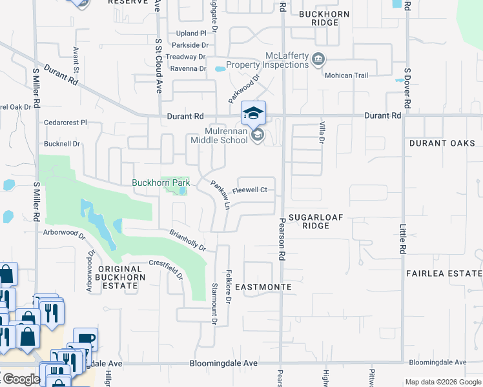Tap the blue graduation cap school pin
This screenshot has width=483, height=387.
(x=253, y=113)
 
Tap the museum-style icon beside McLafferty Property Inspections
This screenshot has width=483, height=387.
(x=318, y=60)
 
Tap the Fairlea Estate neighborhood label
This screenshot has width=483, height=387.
(x=444, y=273)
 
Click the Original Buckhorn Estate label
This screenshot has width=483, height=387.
(x=119, y=273)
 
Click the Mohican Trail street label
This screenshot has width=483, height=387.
(x=347, y=75)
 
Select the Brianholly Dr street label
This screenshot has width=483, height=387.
(x=187, y=240)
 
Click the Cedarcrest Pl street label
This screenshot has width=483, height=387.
(x=65, y=122)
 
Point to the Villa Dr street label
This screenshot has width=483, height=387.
(x=320, y=132)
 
